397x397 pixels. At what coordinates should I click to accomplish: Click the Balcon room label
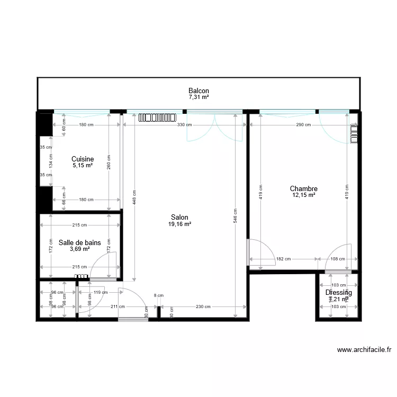click(x=198, y=91)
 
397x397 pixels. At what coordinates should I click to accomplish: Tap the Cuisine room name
click(x=83, y=159)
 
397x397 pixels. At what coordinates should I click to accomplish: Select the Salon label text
click(x=179, y=217)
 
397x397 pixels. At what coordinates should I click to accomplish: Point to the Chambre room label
click(x=303, y=188)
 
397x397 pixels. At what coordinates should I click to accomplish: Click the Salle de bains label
click(x=80, y=242)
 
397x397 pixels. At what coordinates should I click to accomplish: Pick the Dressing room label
click(x=338, y=292)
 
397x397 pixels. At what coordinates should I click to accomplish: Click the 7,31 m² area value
click(x=198, y=97)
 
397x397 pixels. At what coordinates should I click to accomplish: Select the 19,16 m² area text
click(x=179, y=224)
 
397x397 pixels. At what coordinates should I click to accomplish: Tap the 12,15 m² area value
click(x=303, y=195)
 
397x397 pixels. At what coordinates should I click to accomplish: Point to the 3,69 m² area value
click(x=80, y=249)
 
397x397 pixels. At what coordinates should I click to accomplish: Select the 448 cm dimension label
click(x=134, y=197)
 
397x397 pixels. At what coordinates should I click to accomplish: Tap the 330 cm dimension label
click(x=184, y=125)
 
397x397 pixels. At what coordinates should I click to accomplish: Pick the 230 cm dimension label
click(x=204, y=306)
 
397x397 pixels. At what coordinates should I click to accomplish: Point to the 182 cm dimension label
click(x=284, y=259)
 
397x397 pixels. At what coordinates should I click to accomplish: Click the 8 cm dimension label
click(x=159, y=295)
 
